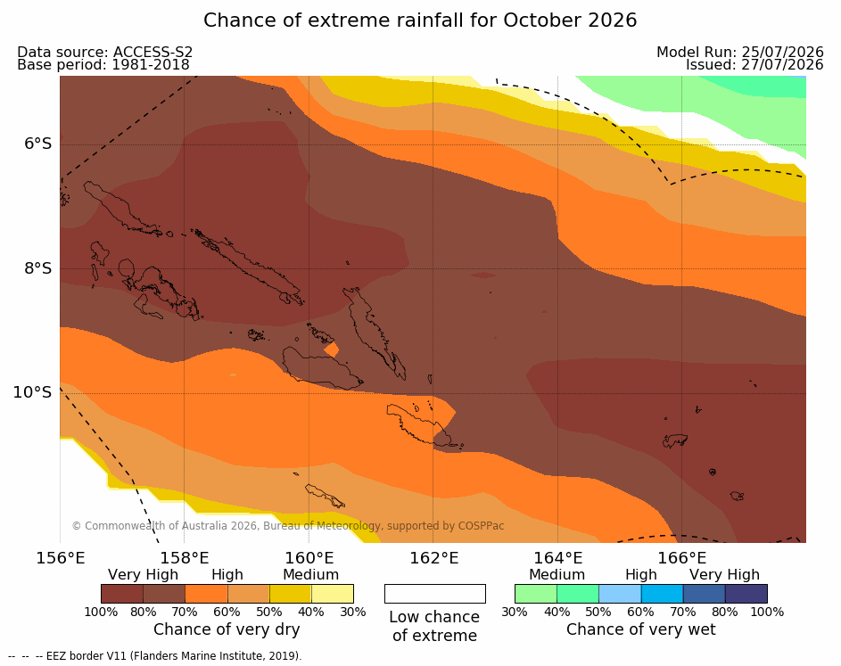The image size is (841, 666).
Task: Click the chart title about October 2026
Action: point(420,21)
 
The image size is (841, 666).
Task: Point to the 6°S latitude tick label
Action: point(37,144)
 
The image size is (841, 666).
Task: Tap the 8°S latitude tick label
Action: point(37,268)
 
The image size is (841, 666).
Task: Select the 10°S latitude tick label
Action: point(33,392)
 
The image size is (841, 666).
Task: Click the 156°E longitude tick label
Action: point(60,558)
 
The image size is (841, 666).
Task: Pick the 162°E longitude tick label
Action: point(434,558)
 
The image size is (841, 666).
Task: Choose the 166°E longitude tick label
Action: point(681,558)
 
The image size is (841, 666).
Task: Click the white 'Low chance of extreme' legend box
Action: point(435,594)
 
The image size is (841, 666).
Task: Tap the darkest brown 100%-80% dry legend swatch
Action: point(122,594)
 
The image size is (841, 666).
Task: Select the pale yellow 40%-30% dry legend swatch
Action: point(333,594)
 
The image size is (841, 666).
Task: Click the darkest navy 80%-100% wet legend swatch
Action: point(746,594)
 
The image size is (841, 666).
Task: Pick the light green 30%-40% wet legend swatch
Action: point(536,594)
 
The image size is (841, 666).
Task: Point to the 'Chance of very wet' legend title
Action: point(641,629)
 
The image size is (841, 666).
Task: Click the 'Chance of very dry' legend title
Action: point(227,629)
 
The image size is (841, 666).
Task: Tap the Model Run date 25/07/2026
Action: point(782,52)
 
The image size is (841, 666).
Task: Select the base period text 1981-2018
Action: point(150,65)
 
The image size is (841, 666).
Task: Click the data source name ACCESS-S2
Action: point(153,52)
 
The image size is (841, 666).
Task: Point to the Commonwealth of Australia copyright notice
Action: point(288,526)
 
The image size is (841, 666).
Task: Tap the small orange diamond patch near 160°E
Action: point(332,349)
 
